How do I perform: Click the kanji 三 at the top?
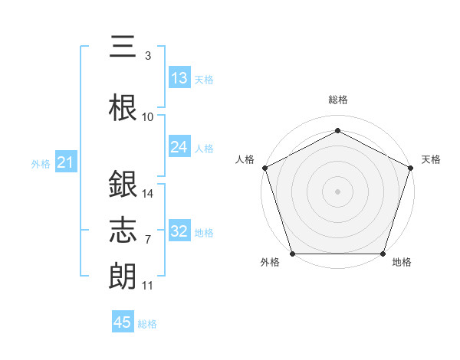(123, 47)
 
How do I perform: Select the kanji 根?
(123, 106)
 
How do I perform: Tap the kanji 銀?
(123, 185)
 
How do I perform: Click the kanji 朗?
(123, 274)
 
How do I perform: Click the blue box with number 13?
(179, 78)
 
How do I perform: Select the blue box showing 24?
(179, 147)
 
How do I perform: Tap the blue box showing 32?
(179, 231)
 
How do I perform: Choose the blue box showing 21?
(65, 162)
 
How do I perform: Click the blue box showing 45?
(123, 322)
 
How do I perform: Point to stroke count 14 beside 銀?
(148, 194)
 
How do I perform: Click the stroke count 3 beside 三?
(148, 56)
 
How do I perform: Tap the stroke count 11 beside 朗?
(148, 286)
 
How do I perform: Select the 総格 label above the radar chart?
(337, 100)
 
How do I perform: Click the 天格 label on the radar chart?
(431, 159)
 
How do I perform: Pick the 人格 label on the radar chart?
(245, 159)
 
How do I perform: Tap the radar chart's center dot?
(337, 191)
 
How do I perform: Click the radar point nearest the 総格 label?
(337, 130)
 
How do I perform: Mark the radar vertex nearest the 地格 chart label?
(383, 254)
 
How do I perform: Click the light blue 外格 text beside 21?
(41, 163)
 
